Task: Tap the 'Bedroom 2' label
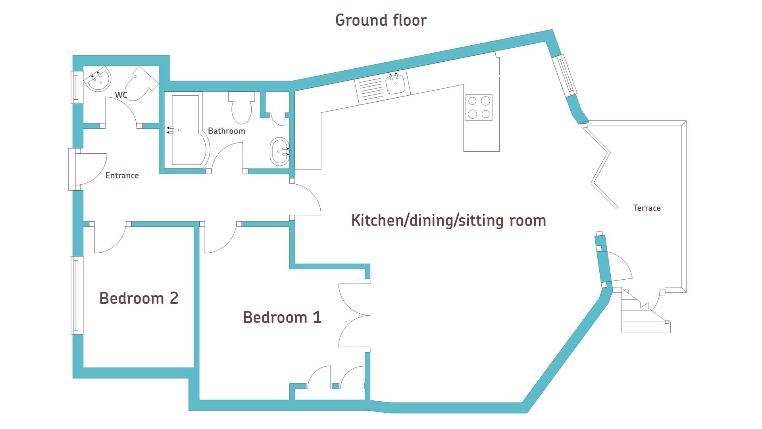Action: coord(139,298)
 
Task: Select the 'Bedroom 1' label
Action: coord(282,317)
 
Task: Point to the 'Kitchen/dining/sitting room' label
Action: coord(448,220)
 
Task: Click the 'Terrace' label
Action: coord(647,208)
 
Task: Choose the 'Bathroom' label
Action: coord(227,131)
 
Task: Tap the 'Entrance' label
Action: coord(122,175)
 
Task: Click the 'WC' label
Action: coord(121,95)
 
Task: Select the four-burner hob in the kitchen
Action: coord(479,108)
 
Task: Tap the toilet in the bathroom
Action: coord(242,108)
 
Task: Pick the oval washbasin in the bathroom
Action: coord(279,151)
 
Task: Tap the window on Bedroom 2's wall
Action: coord(77,295)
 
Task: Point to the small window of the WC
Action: coord(77,87)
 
